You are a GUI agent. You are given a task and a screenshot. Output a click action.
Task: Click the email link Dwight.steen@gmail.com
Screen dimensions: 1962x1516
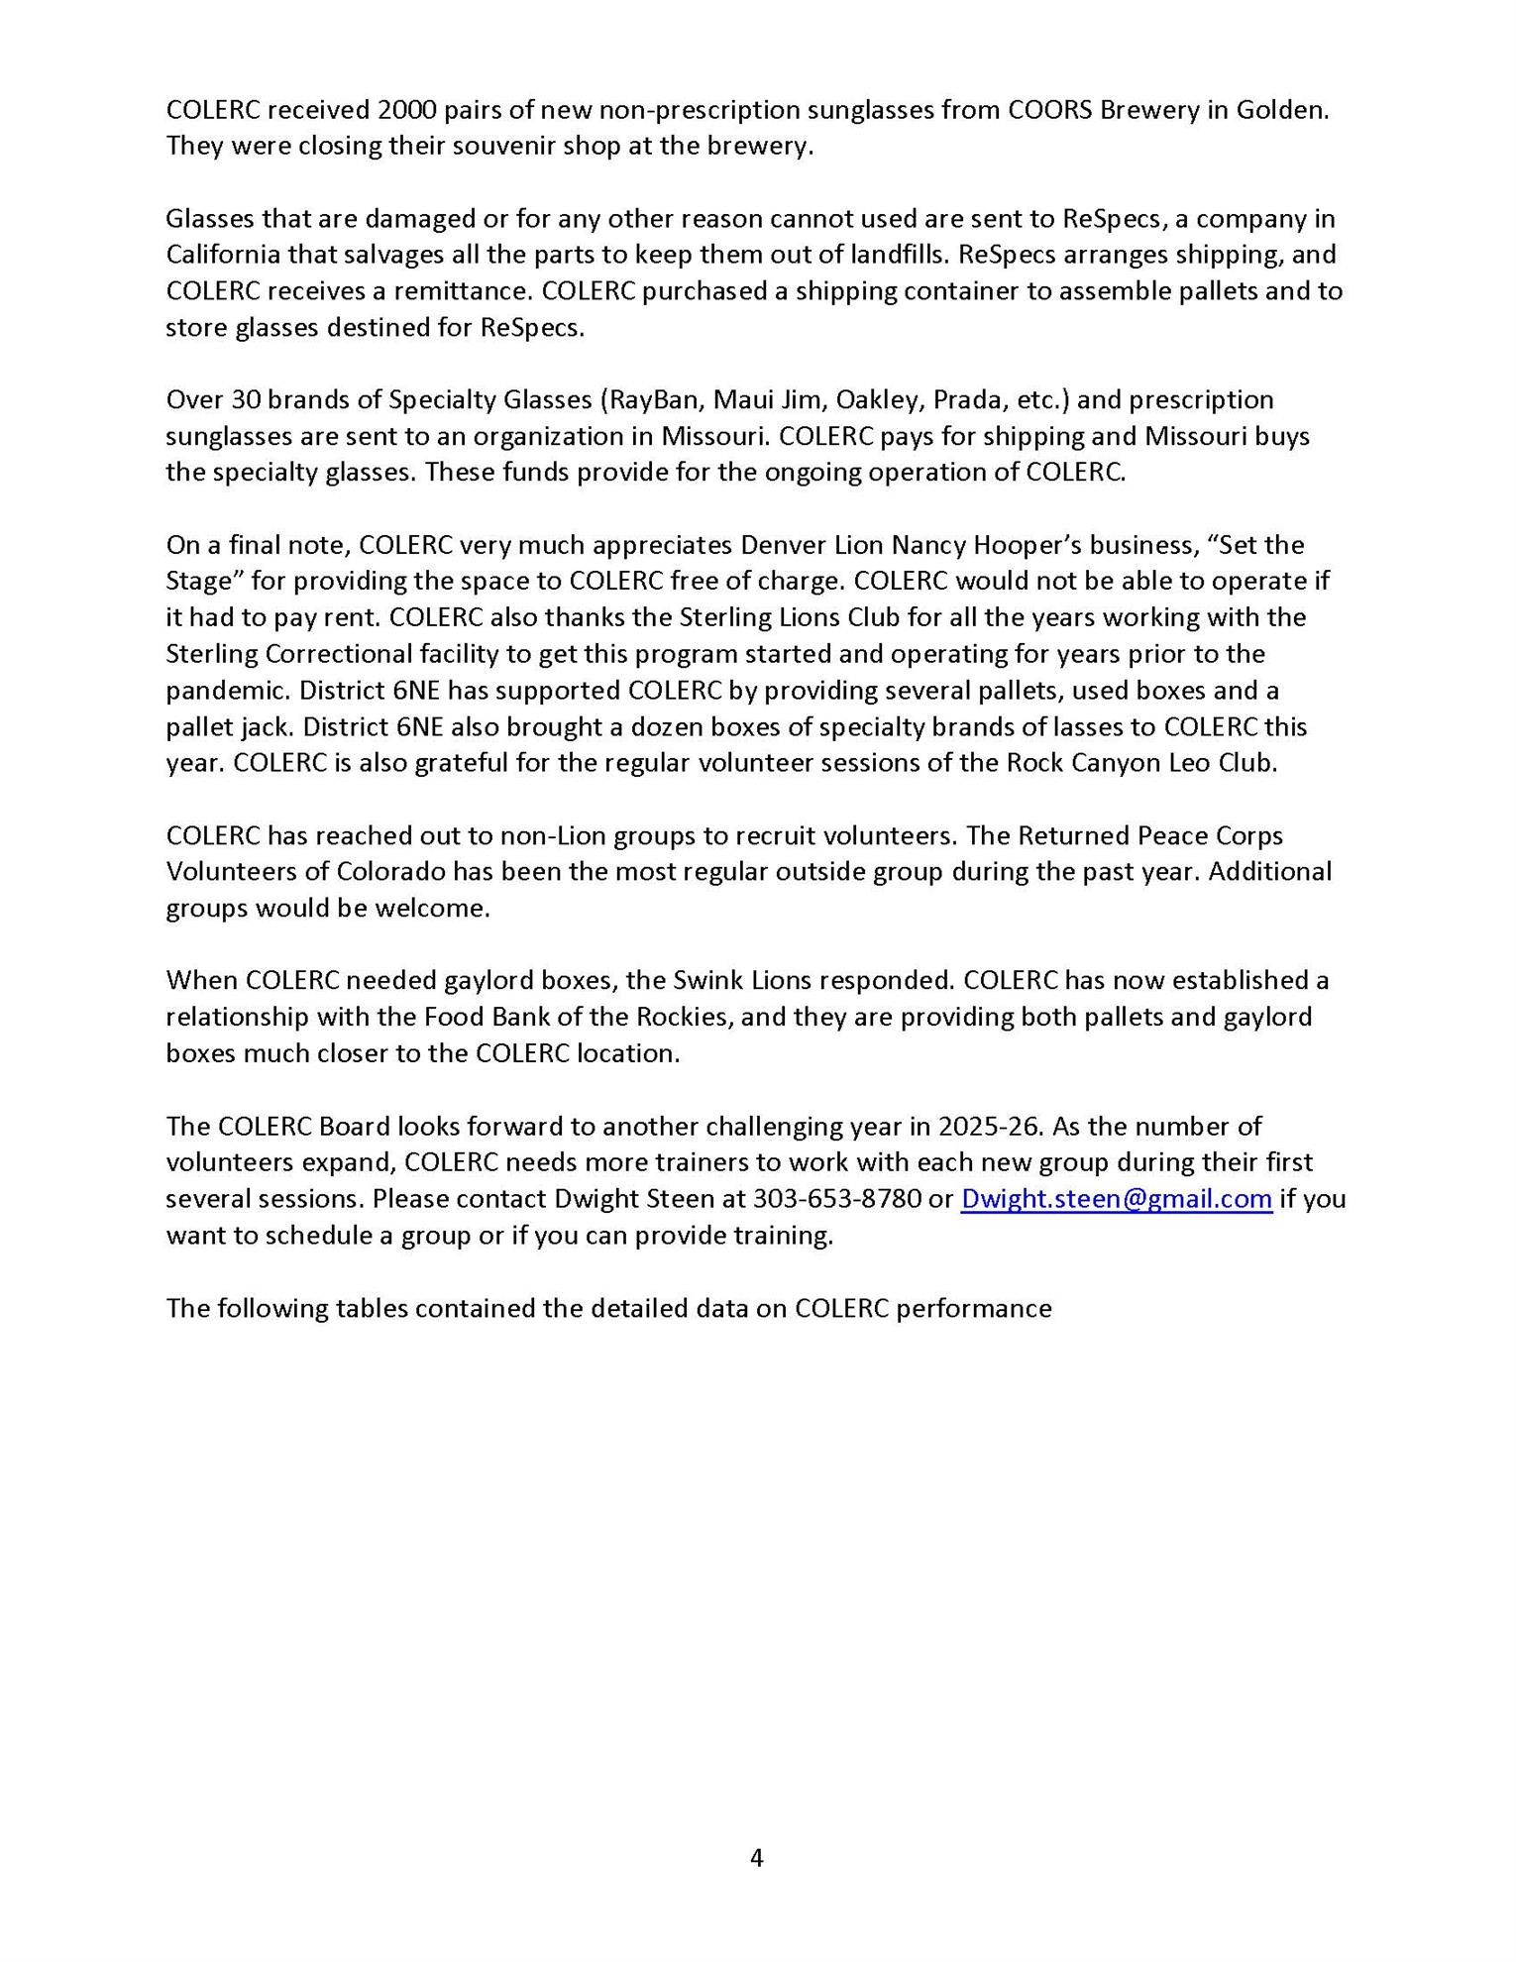[x=1117, y=1199]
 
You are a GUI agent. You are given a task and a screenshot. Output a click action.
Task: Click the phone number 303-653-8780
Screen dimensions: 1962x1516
[x=836, y=1199]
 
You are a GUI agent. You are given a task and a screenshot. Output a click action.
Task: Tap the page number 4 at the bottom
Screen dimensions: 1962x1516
[x=757, y=1858]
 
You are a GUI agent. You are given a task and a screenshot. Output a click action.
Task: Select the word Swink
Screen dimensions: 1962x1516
[x=705, y=981]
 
